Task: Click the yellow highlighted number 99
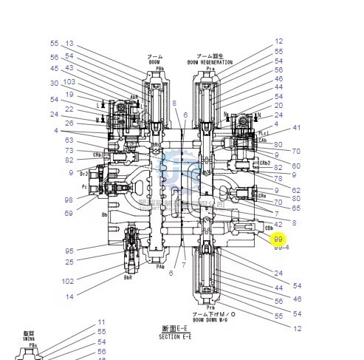coord(278,239)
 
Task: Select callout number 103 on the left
coord(69,81)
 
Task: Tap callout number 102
coord(68,281)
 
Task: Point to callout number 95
coord(69,251)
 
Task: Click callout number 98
coord(69,200)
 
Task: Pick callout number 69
coord(69,213)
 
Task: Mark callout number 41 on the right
coord(297,128)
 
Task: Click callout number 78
coord(278,178)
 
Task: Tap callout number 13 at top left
coord(69,44)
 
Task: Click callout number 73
coord(69,150)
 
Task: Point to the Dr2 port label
coord(84,174)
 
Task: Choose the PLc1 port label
coord(263,134)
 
